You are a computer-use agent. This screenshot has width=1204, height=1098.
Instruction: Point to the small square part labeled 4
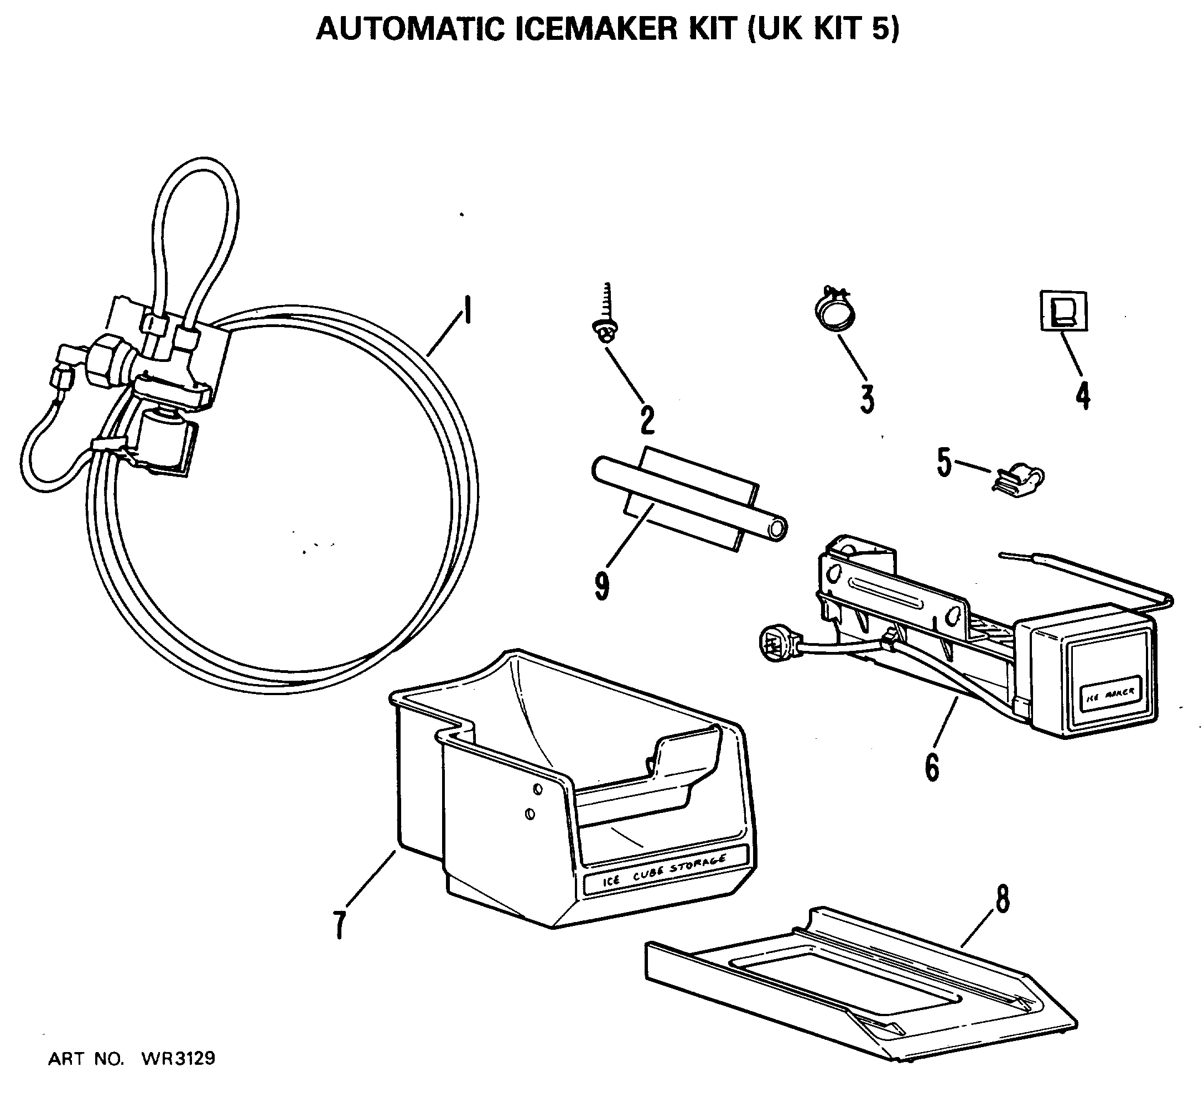[1063, 310]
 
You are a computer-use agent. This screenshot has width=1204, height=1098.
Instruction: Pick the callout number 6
[932, 768]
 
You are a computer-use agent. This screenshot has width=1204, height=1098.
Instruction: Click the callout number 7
[339, 925]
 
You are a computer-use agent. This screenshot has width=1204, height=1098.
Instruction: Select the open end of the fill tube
[776, 530]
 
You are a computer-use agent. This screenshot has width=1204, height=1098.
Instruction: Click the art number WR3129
[178, 1059]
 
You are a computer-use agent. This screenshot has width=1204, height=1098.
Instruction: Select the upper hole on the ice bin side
[537, 789]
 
